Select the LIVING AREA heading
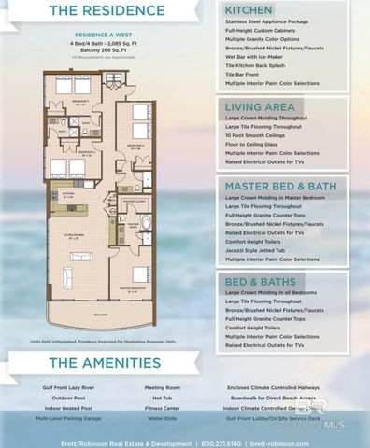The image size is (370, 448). click(x=259, y=107)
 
